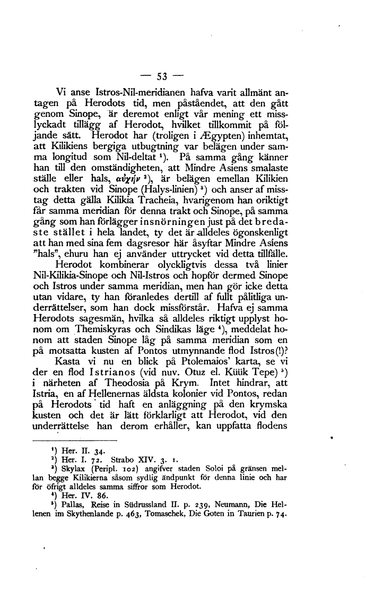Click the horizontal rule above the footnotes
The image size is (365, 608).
tap(74, 456)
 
